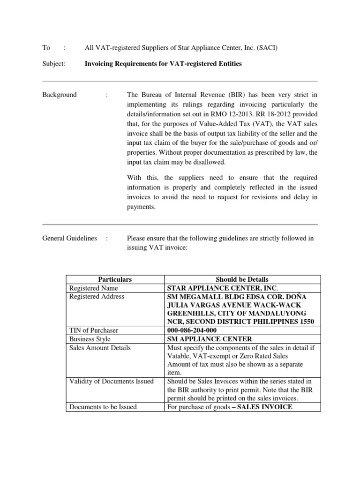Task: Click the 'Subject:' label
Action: pyautogui.click(x=54, y=63)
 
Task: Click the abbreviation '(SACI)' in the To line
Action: pyautogui.click(x=270, y=47)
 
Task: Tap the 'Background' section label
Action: pyautogui.click(x=60, y=95)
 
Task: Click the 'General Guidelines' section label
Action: pyautogui.click(x=69, y=238)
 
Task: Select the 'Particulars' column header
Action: pyautogui.click(x=115, y=279)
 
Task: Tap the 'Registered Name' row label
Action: pyautogui.click(x=93, y=288)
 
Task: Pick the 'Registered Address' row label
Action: pyautogui.click(x=97, y=296)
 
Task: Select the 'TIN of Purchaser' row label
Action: pyautogui.click(x=94, y=330)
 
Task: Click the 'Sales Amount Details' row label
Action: pyautogui.click(x=100, y=347)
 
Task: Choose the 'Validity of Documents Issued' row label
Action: pyautogui.click(x=111, y=381)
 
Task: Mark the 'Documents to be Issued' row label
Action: pyautogui.click(x=103, y=407)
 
